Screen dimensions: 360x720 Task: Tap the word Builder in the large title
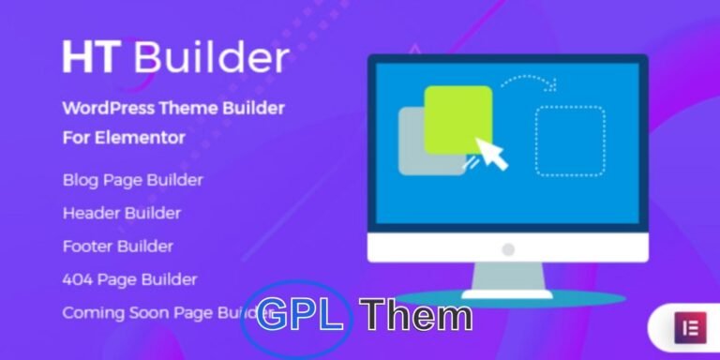coord(210,57)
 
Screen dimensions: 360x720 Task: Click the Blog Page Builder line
coord(132,179)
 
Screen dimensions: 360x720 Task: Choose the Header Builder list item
coord(121,213)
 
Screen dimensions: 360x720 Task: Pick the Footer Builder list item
coord(118,247)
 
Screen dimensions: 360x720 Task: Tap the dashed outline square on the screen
coord(569,141)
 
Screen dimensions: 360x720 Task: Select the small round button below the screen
coord(507,249)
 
